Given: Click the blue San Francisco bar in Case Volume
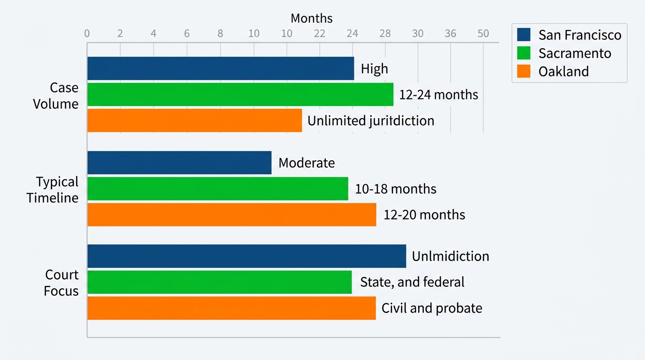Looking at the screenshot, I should tap(220, 68).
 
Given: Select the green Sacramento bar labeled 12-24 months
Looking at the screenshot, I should tap(240, 94).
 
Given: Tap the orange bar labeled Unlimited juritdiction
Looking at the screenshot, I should tap(195, 120).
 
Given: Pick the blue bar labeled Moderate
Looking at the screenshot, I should tap(179, 163).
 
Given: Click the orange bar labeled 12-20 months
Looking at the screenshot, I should tap(232, 215).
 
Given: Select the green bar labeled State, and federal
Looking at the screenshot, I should tap(219, 282).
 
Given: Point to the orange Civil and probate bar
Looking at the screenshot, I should tap(232, 308).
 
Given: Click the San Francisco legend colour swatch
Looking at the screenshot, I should tap(524, 35).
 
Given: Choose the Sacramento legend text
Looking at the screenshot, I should tap(575, 53).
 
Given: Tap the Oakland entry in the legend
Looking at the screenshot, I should tap(563, 71).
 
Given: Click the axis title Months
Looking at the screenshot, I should tap(311, 18).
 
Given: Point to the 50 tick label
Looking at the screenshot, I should tap(483, 34).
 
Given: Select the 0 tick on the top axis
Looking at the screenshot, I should tap(87, 34).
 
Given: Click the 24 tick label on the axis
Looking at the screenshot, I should tap(352, 34).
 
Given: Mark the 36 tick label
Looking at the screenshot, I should tap(450, 34).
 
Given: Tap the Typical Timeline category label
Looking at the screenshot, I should tap(52, 189).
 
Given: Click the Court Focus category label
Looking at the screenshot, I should tap(61, 283).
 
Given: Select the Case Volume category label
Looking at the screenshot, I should tap(55, 96).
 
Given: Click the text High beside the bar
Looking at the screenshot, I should tap(374, 69).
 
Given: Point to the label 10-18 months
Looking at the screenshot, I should tap(396, 189).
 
